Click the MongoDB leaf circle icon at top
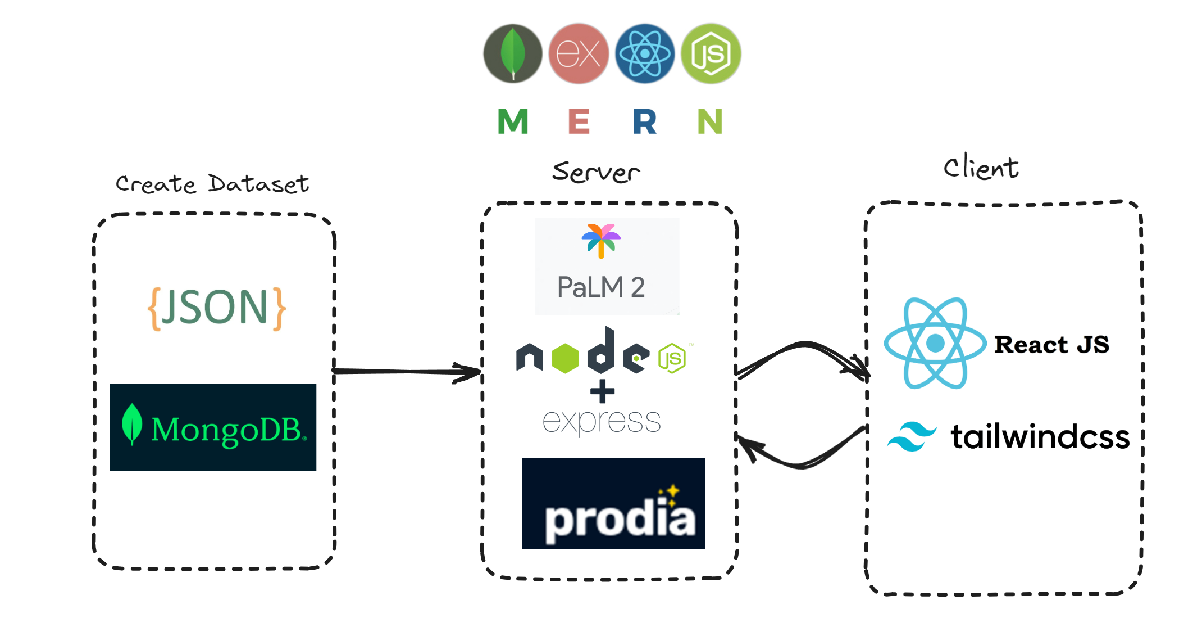[x=512, y=53]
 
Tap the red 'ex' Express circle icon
[x=579, y=53]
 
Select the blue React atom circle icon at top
[x=645, y=53]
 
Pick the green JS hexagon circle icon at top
[x=711, y=53]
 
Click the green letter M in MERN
[x=513, y=121]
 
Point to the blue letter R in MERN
[x=644, y=121]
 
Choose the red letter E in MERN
[x=579, y=121]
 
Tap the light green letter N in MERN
[x=710, y=121]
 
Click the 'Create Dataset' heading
[x=212, y=184]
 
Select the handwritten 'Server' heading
[x=596, y=172]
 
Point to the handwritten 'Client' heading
[x=981, y=168]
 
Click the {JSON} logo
[x=216, y=308]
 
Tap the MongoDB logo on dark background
[x=213, y=427]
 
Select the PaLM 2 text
[x=601, y=287]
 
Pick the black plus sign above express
[x=602, y=391]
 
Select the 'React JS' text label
[x=1051, y=344]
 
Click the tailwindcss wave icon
[x=912, y=436]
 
